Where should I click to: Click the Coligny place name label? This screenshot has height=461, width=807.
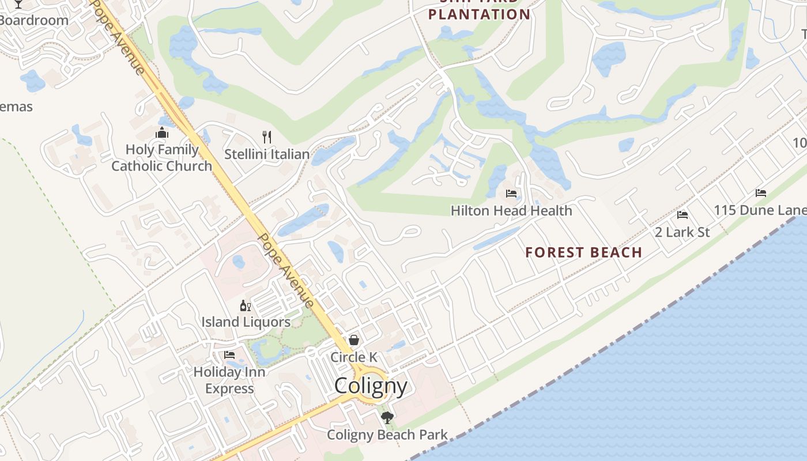[x=371, y=386]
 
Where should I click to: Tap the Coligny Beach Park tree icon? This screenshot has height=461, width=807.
[x=387, y=417]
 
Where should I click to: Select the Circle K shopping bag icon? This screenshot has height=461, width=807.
[x=354, y=341]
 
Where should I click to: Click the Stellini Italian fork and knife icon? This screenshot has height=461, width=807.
[x=266, y=137]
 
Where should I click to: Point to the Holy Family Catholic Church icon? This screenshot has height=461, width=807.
[x=162, y=133]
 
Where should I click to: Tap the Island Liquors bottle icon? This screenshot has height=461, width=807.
[x=246, y=305]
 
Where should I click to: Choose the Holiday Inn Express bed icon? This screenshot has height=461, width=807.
[x=229, y=355]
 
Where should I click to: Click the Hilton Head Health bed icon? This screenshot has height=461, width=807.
[x=511, y=194]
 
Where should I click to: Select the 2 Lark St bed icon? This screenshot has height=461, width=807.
[x=682, y=215]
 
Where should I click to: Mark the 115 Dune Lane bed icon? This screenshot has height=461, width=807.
[x=761, y=193]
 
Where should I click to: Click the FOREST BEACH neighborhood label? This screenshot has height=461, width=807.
[x=583, y=252]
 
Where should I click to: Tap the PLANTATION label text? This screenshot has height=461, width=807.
[x=479, y=15]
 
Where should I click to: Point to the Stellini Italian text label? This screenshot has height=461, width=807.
[x=267, y=154]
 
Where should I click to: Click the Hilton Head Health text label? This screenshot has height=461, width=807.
[x=511, y=211]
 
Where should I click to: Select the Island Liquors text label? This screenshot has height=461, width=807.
[x=246, y=322]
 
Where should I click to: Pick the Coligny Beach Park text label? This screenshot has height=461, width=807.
[x=387, y=435]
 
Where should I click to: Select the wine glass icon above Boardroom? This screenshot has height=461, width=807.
[x=18, y=3]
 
